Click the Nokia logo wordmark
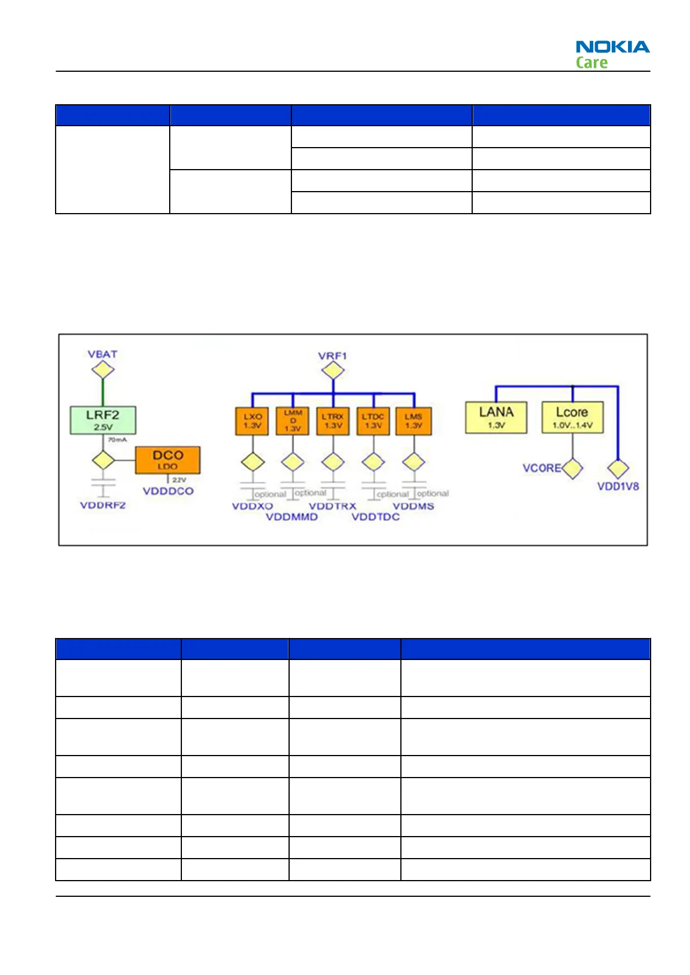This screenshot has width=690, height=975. (x=612, y=47)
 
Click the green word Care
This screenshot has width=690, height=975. (x=592, y=63)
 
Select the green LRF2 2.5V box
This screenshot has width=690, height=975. (x=103, y=420)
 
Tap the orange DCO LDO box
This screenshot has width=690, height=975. (x=167, y=460)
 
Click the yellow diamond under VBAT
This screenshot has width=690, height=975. (x=103, y=369)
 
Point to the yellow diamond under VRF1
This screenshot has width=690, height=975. (x=333, y=371)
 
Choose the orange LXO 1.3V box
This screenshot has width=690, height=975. (x=253, y=421)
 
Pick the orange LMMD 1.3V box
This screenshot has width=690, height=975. (x=293, y=421)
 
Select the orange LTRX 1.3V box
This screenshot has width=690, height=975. (x=333, y=421)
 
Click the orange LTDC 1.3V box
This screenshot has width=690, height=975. (x=373, y=421)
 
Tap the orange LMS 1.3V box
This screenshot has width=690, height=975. (x=414, y=421)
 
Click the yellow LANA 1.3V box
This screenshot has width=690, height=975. (x=496, y=417)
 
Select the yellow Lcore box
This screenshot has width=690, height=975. (x=572, y=417)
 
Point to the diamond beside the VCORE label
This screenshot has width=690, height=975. (x=572, y=468)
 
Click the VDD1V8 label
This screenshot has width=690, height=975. (x=618, y=486)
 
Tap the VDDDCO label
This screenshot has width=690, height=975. (x=168, y=491)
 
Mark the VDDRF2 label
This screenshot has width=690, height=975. (x=103, y=505)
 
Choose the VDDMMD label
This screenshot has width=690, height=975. (x=292, y=516)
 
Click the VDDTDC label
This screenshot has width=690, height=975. (x=376, y=516)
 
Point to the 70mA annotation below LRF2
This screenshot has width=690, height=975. (x=118, y=440)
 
